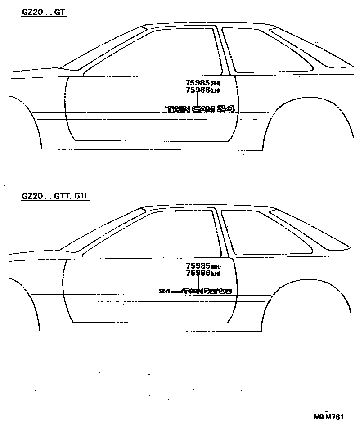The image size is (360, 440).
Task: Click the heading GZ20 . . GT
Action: tap(44, 13)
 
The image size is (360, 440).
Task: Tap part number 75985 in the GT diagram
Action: tap(198, 83)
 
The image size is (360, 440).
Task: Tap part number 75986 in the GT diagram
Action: tap(198, 90)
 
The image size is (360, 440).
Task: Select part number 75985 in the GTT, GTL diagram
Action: tap(198, 266)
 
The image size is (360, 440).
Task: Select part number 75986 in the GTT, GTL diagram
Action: tap(198, 273)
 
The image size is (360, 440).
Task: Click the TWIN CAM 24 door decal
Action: tap(201, 108)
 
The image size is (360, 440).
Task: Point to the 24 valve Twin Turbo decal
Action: tap(195, 291)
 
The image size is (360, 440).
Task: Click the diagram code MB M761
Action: tap(328, 417)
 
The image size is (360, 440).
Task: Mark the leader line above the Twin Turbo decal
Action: tap(198, 282)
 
